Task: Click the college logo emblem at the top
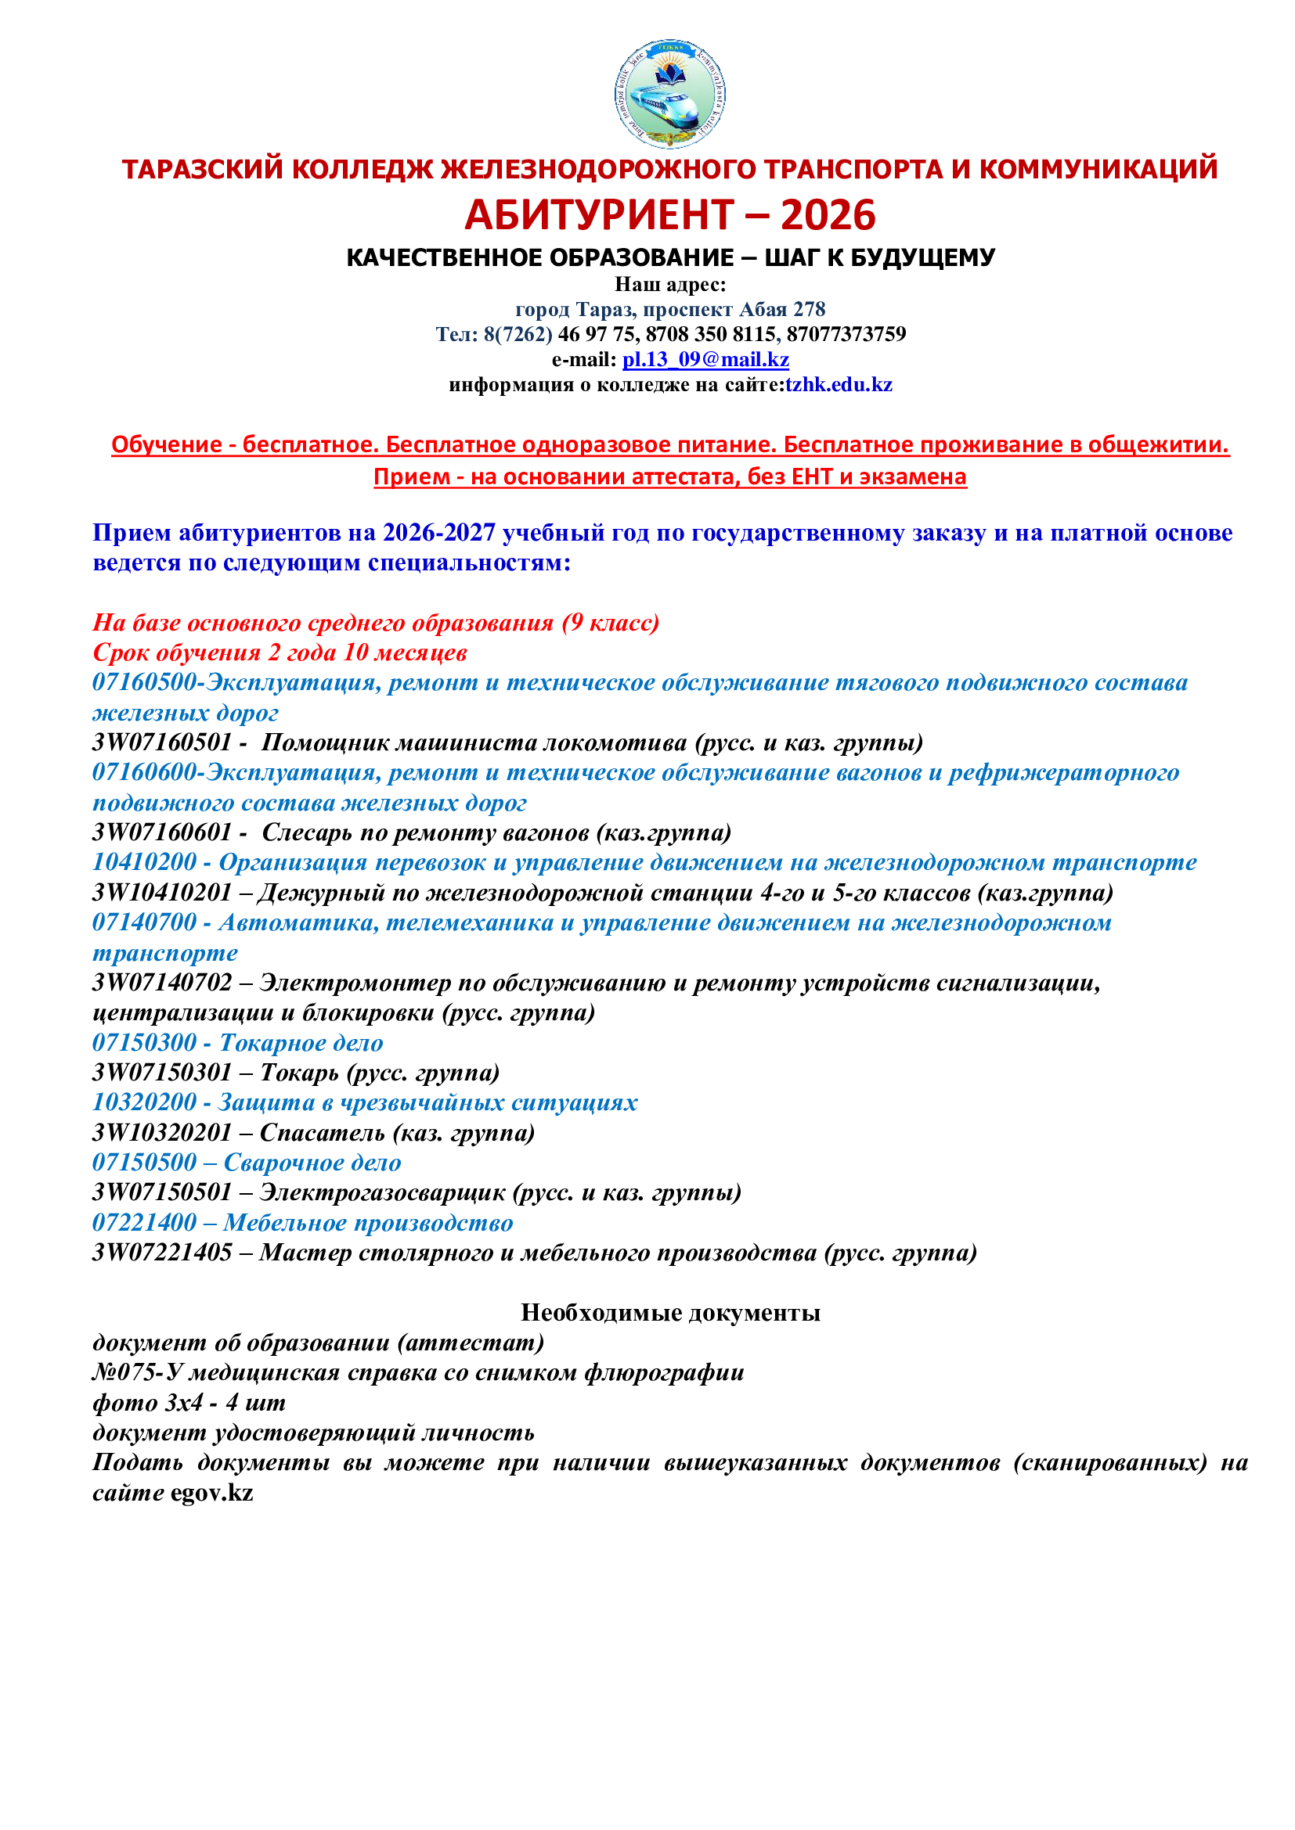click(x=670, y=94)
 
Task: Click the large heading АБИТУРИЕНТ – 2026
click(x=670, y=215)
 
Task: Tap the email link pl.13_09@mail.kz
click(x=705, y=359)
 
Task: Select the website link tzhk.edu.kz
click(x=839, y=385)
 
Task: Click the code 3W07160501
click(x=162, y=742)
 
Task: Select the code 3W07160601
click(x=162, y=833)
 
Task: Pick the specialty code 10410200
click(x=144, y=862)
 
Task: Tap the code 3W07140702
click(x=162, y=983)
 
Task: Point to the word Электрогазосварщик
click(x=382, y=1192)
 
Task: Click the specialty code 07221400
click(x=144, y=1223)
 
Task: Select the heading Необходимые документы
click(x=670, y=1313)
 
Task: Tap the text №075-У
click(x=139, y=1372)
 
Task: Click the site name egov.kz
click(x=211, y=1493)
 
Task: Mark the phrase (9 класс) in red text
click(x=610, y=623)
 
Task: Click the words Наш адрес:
click(x=670, y=285)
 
